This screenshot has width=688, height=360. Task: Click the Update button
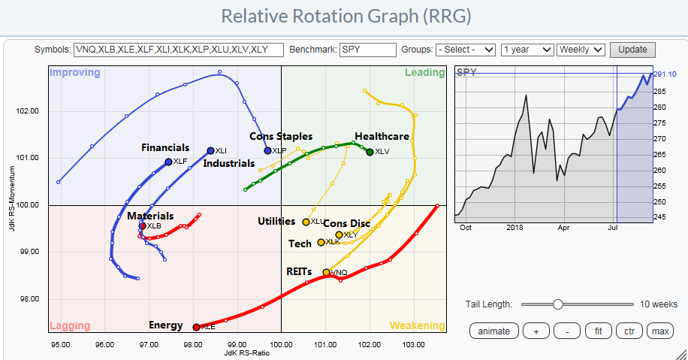(x=632, y=50)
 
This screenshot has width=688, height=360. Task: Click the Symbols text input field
(x=179, y=50)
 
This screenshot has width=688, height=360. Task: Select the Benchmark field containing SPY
(x=367, y=50)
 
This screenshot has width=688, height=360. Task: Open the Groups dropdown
(x=466, y=50)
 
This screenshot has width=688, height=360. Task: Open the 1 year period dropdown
(x=527, y=50)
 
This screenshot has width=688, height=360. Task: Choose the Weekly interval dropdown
(x=581, y=50)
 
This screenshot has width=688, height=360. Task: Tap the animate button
(x=493, y=331)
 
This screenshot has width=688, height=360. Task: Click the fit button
(x=598, y=331)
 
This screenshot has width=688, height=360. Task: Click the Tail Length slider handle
(x=557, y=304)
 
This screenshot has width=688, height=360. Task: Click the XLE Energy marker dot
(x=197, y=327)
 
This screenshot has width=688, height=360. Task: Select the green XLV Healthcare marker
(x=370, y=153)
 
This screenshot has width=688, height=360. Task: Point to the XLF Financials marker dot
(x=168, y=162)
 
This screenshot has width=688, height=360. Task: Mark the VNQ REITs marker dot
(x=326, y=272)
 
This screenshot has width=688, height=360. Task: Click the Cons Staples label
(x=281, y=137)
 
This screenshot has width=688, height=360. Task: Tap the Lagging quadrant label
(x=70, y=325)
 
